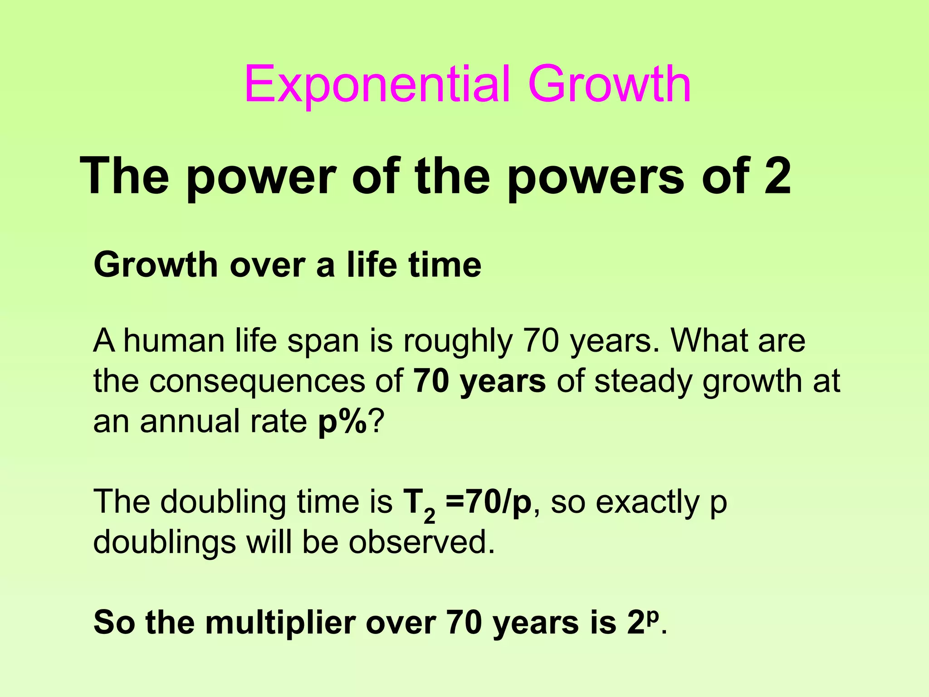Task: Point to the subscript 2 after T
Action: [x=429, y=515]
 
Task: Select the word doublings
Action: [x=165, y=543]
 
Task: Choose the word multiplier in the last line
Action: [x=280, y=623]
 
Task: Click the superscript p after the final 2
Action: [x=652, y=617]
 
